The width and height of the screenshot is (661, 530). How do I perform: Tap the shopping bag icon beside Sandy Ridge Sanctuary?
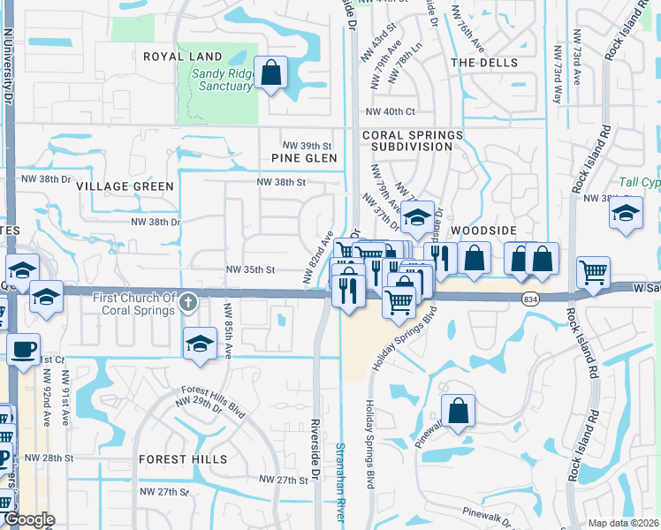[x=271, y=73]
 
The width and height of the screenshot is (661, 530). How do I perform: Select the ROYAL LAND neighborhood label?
[x=183, y=57]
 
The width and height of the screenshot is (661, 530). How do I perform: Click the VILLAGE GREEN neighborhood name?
[x=125, y=186]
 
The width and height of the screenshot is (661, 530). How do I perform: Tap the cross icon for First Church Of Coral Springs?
[x=187, y=304]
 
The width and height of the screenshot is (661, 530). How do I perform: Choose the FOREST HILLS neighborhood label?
[x=182, y=459]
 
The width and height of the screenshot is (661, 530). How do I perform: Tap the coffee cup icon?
[x=23, y=348]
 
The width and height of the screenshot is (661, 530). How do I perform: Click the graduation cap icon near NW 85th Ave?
[x=201, y=343]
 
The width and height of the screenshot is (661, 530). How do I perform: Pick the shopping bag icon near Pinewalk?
[x=458, y=411]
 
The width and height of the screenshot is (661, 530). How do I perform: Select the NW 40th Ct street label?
[x=390, y=111]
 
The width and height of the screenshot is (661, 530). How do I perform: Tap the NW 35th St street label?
[x=252, y=269]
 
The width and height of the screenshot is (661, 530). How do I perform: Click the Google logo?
[x=28, y=520]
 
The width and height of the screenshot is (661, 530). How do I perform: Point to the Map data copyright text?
[x=624, y=523]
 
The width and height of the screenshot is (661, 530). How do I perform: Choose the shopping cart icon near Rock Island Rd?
[x=593, y=273]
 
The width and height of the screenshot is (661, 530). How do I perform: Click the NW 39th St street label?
[x=307, y=145]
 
